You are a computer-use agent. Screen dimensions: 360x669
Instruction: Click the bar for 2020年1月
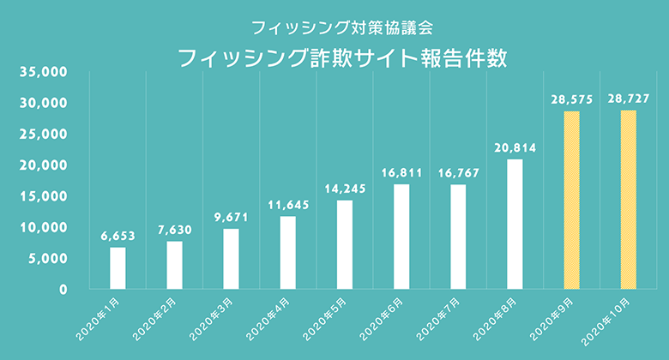point(118,268)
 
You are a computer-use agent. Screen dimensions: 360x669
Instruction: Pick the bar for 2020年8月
point(515,224)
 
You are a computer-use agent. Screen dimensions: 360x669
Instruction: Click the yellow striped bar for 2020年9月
point(571,200)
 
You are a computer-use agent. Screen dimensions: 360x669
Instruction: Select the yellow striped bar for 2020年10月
point(629,200)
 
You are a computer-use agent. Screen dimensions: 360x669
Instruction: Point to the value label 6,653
point(118,235)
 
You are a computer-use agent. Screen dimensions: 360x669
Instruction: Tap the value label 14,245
point(345,188)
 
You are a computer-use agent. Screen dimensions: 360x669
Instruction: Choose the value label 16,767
point(458,172)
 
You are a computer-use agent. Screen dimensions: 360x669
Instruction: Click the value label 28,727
point(629,99)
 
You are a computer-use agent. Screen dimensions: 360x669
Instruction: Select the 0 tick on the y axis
point(63,290)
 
